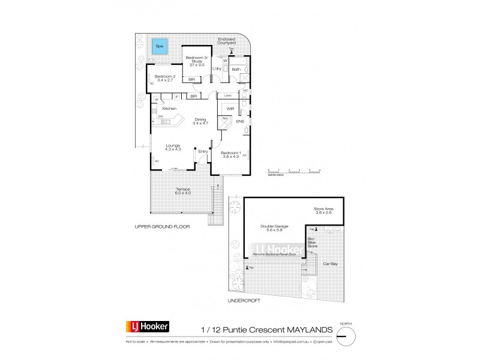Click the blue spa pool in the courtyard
click(160, 46)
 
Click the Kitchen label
click(169, 108)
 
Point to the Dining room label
click(200, 121)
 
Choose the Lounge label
click(173, 146)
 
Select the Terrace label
click(183, 191)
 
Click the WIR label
click(230, 109)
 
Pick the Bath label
click(236, 70)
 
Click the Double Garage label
click(275, 227)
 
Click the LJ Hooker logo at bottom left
click(147, 327)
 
